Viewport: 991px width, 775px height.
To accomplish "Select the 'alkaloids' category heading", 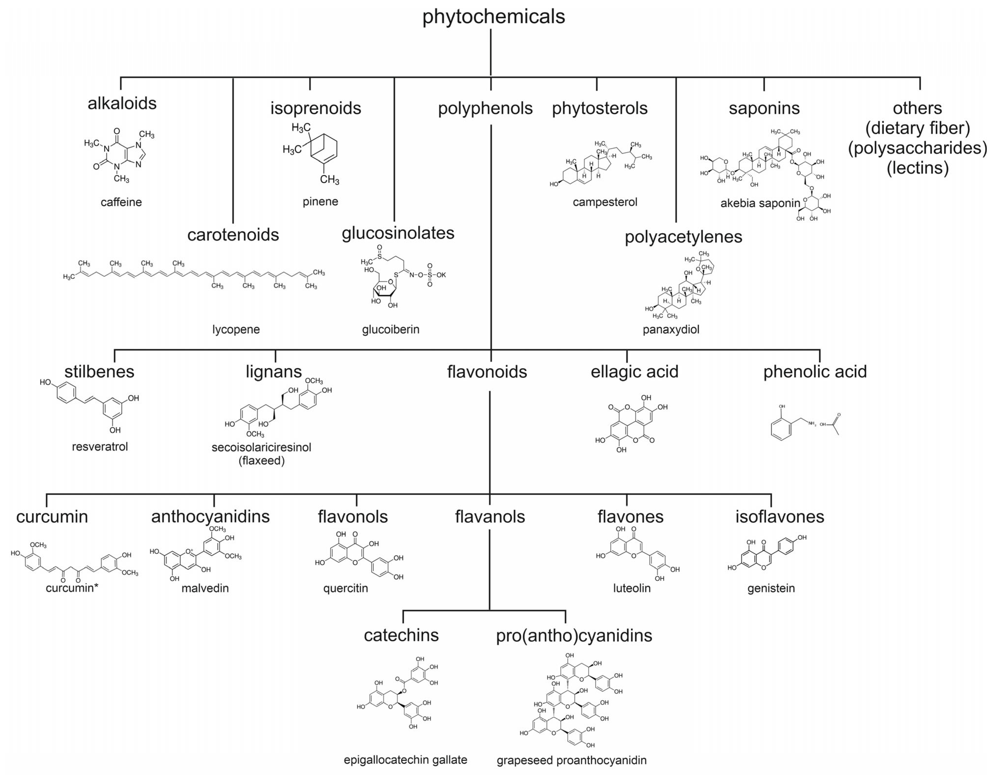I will pyautogui.click(x=122, y=103).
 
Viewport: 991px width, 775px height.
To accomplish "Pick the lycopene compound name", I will pyautogui.click(x=236, y=329).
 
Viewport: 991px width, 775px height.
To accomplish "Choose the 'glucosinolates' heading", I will pyautogui.click(x=398, y=233).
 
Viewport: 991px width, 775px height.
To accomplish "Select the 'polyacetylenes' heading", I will pyautogui.click(x=683, y=237).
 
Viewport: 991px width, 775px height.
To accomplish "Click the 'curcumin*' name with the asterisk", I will pyautogui.click(x=72, y=588).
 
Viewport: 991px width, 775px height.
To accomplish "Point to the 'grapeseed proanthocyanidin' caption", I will pyautogui.click(x=571, y=761).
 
